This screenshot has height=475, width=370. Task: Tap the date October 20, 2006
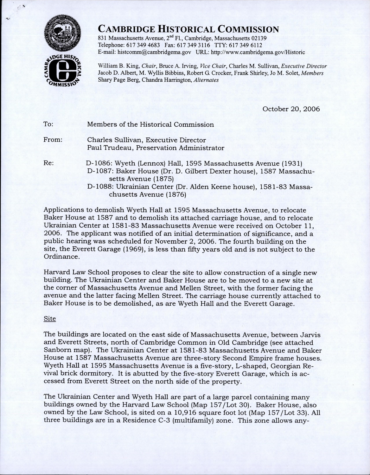click(x=291, y=109)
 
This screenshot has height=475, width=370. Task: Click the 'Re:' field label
click(x=48, y=163)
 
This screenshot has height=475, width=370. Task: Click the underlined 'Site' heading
click(x=49, y=319)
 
